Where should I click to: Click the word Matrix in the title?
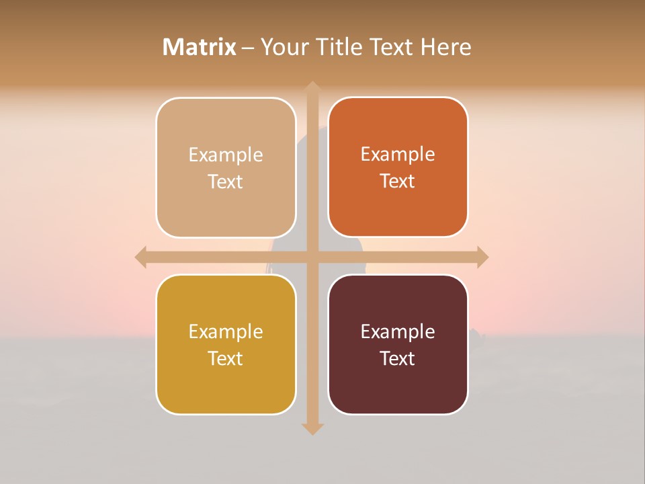pos(200,47)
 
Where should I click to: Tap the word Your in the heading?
pos(284,47)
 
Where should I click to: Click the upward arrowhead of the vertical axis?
pos(312,88)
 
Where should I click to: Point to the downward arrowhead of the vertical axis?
pos(312,428)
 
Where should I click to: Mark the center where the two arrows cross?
pos(312,257)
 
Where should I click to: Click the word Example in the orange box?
pos(398,154)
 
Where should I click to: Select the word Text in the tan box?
pos(226,182)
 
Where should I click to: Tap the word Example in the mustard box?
pos(226,331)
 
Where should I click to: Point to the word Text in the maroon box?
pos(398,358)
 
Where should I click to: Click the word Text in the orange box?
pos(398,181)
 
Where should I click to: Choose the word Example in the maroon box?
pos(398,331)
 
